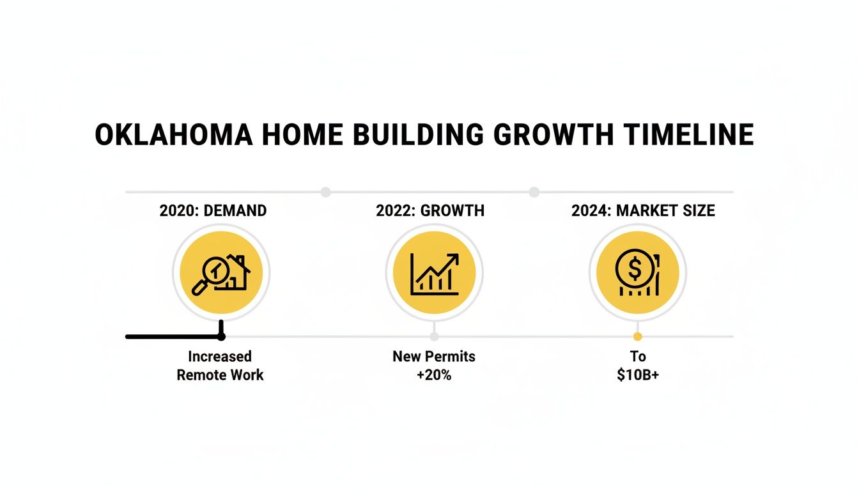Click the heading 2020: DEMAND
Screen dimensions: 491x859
(x=213, y=210)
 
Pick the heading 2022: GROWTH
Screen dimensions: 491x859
(x=430, y=210)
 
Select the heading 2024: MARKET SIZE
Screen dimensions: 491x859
(x=643, y=210)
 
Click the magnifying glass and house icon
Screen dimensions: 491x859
(x=221, y=273)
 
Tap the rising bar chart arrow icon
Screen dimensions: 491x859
(x=435, y=273)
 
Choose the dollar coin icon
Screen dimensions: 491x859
(x=637, y=273)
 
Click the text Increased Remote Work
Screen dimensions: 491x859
(x=220, y=366)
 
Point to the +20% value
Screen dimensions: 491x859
(x=434, y=375)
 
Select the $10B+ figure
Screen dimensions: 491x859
(x=638, y=375)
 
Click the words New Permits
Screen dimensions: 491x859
(x=434, y=356)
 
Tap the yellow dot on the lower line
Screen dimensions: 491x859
(x=637, y=336)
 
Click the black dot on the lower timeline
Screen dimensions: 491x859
(x=221, y=336)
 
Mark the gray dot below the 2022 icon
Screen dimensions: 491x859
(x=435, y=336)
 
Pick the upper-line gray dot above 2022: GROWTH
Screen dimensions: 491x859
(x=325, y=192)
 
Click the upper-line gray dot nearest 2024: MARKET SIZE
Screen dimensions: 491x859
(x=534, y=192)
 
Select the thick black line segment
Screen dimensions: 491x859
(x=173, y=336)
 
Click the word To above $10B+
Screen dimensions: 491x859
(x=638, y=356)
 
